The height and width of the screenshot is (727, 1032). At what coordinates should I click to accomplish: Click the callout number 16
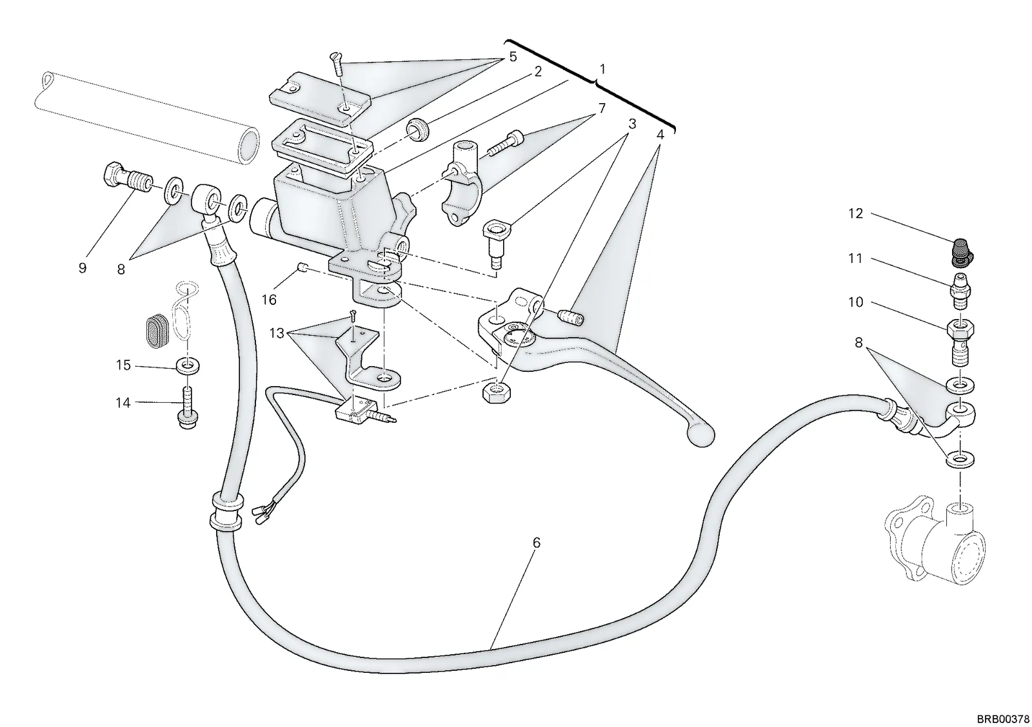point(269,300)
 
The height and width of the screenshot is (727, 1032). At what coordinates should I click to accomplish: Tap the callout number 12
point(855,213)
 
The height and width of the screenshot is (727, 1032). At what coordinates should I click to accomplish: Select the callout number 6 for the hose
point(536,543)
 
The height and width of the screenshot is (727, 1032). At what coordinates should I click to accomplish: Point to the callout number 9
point(83,268)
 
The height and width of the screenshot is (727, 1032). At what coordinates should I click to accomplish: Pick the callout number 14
point(123,403)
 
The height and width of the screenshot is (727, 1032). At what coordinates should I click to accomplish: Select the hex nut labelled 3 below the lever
point(495,393)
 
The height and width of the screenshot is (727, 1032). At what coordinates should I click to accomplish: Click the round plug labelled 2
point(418,130)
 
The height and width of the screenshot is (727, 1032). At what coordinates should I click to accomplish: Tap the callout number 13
point(277,333)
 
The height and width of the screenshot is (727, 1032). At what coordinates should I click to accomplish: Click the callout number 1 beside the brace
point(602,70)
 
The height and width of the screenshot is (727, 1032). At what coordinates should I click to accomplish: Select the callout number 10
point(855,302)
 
